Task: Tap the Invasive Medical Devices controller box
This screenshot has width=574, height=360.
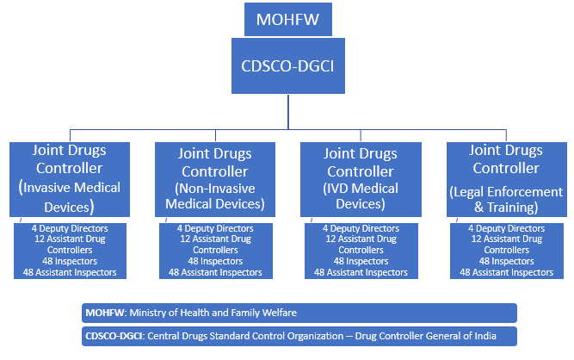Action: (x=70, y=178)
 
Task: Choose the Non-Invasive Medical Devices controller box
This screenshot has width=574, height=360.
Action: (x=215, y=179)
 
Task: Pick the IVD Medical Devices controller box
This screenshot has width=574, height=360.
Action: (x=361, y=178)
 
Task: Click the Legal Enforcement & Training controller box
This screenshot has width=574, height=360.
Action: (x=506, y=178)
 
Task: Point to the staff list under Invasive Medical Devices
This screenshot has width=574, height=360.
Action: (x=71, y=250)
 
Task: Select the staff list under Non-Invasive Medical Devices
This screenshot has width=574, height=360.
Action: (x=215, y=250)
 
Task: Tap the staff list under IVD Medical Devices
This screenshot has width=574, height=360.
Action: (x=361, y=250)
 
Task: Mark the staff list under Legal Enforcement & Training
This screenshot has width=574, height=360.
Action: (x=506, y=250)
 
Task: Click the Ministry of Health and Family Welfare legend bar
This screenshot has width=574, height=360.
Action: (x=299, y=312)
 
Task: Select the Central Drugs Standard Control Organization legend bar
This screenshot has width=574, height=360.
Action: (x=299, y=336)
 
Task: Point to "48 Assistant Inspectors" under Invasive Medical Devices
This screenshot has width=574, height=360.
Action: (x=71, y=272)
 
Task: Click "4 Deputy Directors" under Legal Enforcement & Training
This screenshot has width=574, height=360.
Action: (x=506, y=228)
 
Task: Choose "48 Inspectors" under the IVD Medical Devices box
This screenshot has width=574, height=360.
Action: (x=361, y=261)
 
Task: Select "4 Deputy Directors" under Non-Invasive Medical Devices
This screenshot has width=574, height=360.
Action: (x=215, y=228)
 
